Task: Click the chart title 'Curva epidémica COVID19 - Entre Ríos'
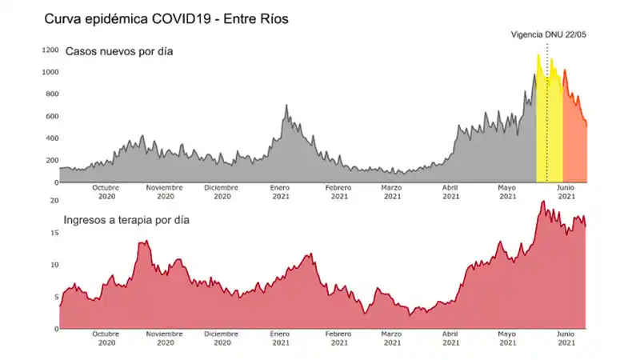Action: point(166,18)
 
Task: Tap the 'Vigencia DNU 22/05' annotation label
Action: point(549,34)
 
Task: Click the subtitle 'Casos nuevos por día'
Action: point(119,52)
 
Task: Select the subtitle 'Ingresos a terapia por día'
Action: point(126,219)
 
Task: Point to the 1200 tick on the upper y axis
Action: point(50,50)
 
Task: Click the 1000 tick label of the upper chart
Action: point(50,72)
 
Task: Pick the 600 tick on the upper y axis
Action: point(52,116)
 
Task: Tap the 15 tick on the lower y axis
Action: point(54,233)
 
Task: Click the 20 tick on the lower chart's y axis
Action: point(54,200)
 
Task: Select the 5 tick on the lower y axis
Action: point(56,297)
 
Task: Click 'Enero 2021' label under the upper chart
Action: point(281,192)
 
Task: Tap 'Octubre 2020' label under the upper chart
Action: point(107,192)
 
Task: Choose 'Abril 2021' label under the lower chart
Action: point(451,338)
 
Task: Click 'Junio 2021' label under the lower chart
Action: point(566,338)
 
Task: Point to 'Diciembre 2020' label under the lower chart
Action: point(222,338)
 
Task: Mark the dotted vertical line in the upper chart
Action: point(547,120)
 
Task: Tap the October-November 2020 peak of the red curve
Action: point(145,242)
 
